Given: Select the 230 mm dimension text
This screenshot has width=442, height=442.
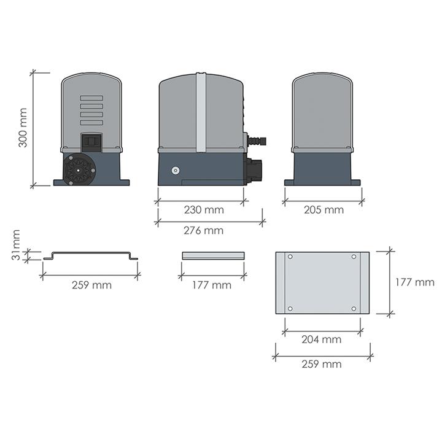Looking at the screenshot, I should point(204,209).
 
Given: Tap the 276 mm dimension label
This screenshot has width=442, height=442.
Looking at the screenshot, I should point(204,230).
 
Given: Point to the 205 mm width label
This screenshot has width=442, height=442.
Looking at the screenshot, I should point(324,209).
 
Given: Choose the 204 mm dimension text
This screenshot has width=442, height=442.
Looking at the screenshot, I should point(322,339).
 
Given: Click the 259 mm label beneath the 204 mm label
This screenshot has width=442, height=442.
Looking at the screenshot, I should point(322,364).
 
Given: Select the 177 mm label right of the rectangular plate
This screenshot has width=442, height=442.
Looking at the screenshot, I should point(414,282).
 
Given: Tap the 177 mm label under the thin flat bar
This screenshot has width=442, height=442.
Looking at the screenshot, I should point(212,285).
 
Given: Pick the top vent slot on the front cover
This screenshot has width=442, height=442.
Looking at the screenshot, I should point(91,98).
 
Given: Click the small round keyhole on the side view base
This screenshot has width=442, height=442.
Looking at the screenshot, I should point(176,171).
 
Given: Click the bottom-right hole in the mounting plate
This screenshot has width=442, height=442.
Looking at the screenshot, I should point(354,308).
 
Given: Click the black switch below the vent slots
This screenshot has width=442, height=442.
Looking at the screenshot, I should point(91,141).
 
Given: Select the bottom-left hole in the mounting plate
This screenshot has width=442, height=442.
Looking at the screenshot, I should point(290,308).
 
